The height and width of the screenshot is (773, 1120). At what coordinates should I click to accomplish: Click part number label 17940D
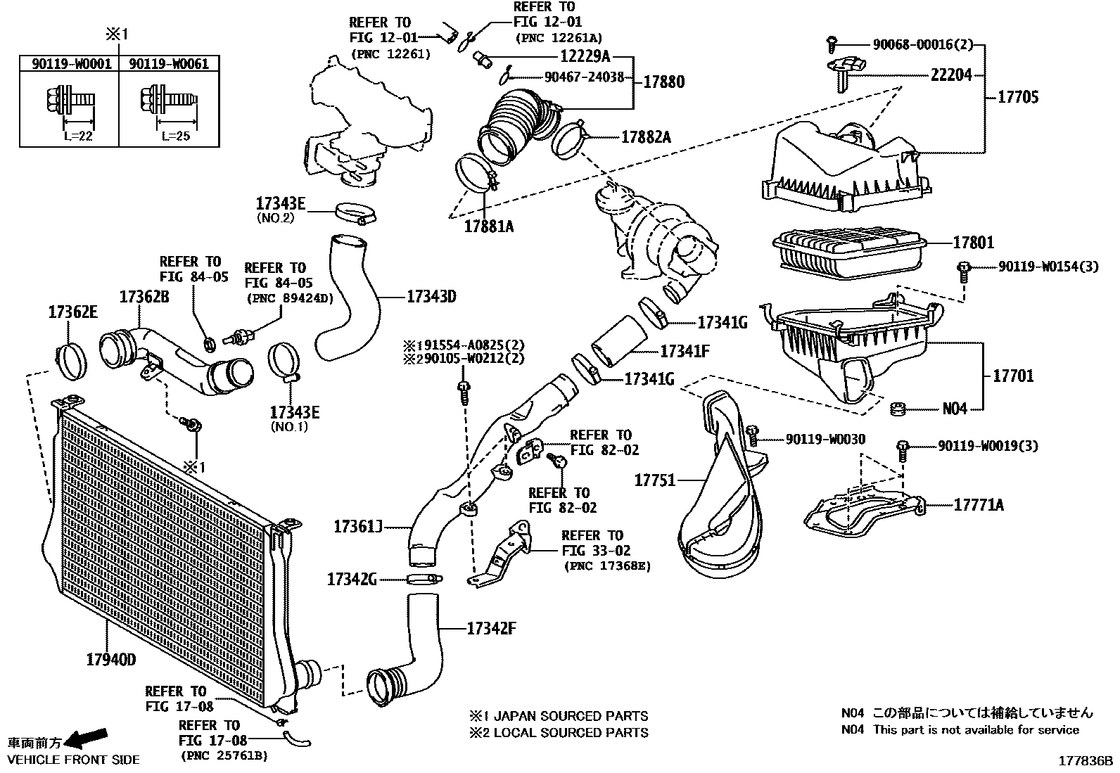pyautogui.click(x=110, y=660)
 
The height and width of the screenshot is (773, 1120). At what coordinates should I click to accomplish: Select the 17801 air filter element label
pyautogui.click(x=973, y=243)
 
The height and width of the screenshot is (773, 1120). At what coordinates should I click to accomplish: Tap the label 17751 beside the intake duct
pyautogui.click(x=654, y=480)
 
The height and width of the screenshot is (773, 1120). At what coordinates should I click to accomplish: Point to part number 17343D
pyautogui.click(x=431, y=296)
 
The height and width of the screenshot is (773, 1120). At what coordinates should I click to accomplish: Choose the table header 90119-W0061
pyautogui.click(x=169, y=64)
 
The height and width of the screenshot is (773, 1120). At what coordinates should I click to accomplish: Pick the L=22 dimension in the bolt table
pyautogui.click(x=77, y=136)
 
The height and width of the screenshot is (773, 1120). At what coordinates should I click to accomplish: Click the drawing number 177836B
pyautogui.click(x=1088, y=760)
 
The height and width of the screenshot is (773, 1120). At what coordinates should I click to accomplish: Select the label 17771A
pyautogui.click(x=979, y=504)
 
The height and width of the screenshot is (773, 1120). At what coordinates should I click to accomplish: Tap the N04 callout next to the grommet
pyautogui.click(x=955, y=409)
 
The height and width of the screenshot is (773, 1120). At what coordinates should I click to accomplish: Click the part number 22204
pyautogui.click(x=951, y=75)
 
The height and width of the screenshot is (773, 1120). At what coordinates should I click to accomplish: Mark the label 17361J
pyautogui.click(x=357, y=525)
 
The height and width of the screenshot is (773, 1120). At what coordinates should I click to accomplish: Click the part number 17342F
pyautogui.click(x=490, y=628)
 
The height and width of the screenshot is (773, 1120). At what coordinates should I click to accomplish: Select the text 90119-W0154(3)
pyautogui.click(x=1048, y=267)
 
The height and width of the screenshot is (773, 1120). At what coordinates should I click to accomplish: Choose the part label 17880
pyautogui.click(x=663, y=82)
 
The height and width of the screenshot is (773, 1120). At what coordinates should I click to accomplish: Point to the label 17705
pyautogui.click(x=1017, y=97)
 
